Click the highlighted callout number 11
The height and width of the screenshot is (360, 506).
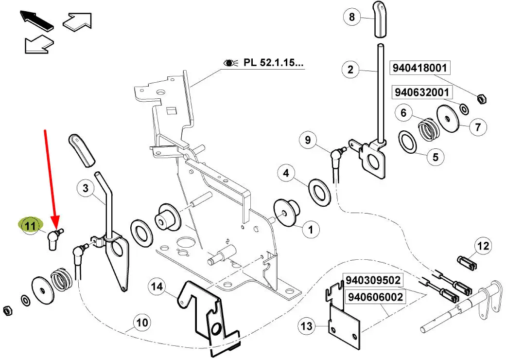pyautogui.click(x=30, y=225)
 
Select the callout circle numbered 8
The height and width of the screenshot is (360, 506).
pyautogui.click(x=352, y=17)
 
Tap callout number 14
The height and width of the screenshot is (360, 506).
pyautogui.click(x=157, y=287)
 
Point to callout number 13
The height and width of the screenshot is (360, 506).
pyautogui.click(x=306, y=326)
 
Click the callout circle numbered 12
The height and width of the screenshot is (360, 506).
pyautogui.click(x=483, y=246)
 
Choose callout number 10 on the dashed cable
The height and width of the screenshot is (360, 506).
pyautogui.click(x=142, y=323)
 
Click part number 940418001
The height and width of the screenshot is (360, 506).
pyautogui.click(x=419, y=68)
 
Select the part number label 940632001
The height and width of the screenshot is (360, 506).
pyautogui.click(x=422, y=92)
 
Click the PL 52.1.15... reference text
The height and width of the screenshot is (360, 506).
pyautogui.click(x=273, y=62)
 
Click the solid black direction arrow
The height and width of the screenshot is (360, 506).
pyautogui.click(x=36, y=20)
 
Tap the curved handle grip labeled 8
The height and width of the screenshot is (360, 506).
pyautogui.click(x=380, y=19)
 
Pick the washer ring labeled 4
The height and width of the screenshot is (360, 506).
pyautogui.click(x=320, y=193)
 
